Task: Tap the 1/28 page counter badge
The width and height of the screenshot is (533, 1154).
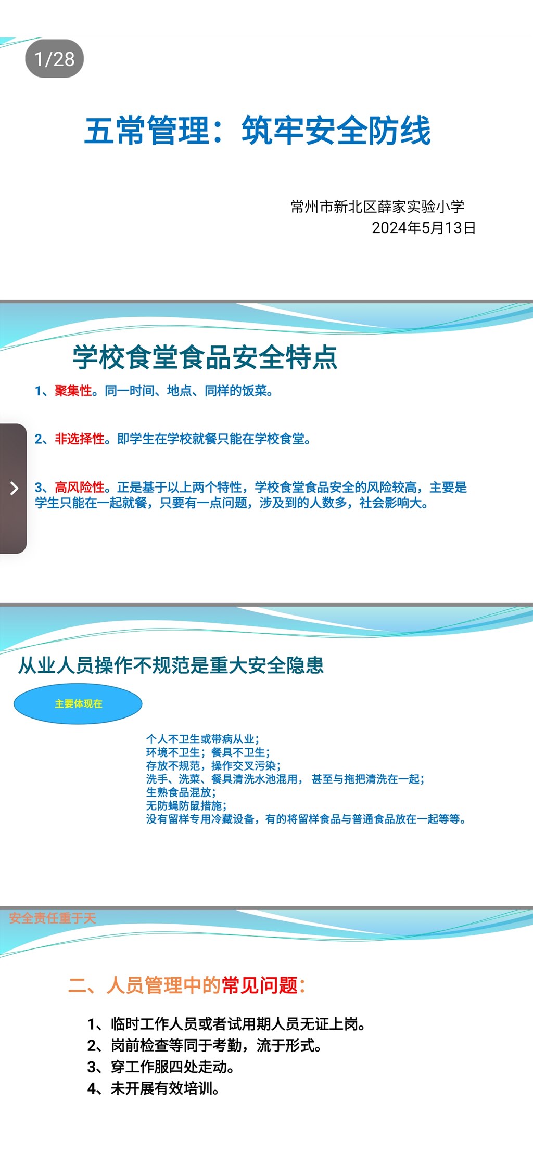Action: tap(54, 59)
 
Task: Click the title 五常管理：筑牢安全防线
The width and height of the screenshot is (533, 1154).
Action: tap(258, 130)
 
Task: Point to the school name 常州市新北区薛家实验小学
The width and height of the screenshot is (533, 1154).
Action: tap(377, 207)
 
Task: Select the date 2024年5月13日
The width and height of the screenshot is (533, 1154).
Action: tap(424, 228)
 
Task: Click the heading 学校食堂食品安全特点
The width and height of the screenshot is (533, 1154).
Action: tap(205, 357)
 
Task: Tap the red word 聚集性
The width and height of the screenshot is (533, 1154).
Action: tap(73, 391)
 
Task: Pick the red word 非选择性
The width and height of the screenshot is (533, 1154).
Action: tap(80, 439)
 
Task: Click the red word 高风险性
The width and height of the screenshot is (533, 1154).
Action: tap(80, 488)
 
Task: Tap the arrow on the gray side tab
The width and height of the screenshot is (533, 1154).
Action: tap(14, 488)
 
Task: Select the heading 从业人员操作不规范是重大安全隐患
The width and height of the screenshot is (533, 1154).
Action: tap(171, 665)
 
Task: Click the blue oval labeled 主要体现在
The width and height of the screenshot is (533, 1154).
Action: tap(78, 704)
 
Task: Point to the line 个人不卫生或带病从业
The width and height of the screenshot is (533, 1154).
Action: tap(202, 739)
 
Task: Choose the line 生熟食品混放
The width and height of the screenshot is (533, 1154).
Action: tap(181, 792)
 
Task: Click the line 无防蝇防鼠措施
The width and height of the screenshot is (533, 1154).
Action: tap(186, 806)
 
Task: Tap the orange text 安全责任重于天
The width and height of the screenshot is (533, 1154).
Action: tap(53, 918)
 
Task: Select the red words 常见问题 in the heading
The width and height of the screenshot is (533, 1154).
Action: tap(260, 985)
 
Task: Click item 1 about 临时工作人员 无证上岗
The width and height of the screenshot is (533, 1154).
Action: tap(226, 1024)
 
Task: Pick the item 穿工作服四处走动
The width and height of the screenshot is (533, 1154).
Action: tap(161, 1067)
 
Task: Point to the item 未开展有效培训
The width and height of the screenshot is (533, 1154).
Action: tap(154, 1088)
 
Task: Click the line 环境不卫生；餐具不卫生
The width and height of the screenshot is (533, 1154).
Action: tap(208, 752)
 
